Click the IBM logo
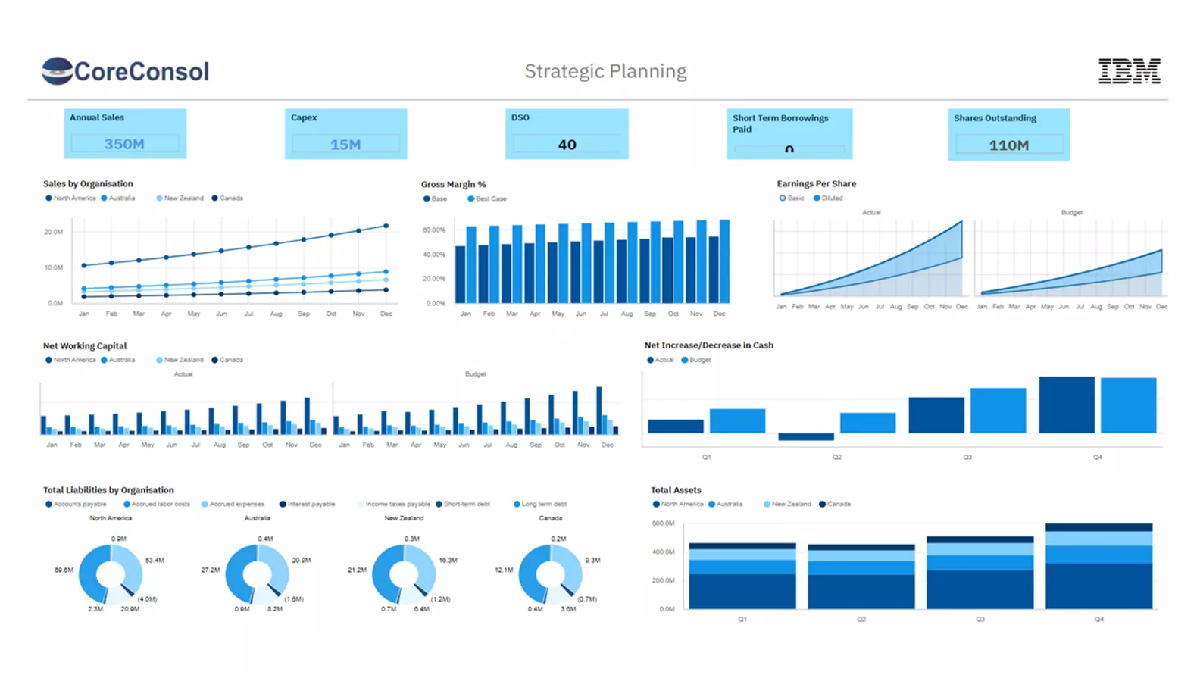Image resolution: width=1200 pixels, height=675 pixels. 1129,71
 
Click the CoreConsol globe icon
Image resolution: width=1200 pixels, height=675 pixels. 57,70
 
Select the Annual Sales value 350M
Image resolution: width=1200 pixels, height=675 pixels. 124,144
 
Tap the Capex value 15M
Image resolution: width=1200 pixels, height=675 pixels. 345,145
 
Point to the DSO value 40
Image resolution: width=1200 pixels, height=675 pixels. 567,145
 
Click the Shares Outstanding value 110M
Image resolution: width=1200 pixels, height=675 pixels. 1008,145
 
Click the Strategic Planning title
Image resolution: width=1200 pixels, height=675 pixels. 605,71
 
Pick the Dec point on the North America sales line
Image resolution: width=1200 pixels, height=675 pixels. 386,226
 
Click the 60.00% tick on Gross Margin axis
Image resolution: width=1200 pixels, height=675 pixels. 434,230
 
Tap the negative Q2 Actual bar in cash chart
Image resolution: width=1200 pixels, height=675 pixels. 806,436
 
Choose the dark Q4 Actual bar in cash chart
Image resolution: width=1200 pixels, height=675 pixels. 1067,405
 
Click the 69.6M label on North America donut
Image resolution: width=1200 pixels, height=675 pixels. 64,570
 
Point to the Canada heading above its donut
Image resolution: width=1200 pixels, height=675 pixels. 551,518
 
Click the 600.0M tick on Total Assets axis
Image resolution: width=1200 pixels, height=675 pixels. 663,523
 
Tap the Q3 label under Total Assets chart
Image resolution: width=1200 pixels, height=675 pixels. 980,619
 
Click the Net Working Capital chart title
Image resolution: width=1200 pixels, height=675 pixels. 85,345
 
